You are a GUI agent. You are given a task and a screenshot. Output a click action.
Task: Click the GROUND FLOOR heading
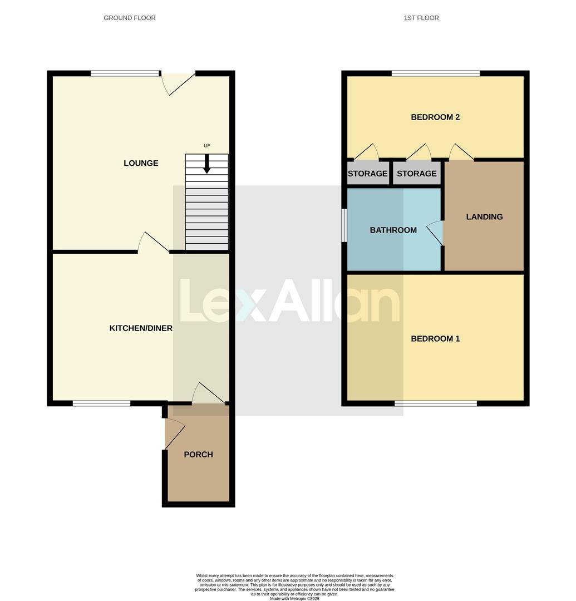(130, 18)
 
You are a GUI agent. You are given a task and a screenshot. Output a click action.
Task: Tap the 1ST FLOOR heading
(421, 18)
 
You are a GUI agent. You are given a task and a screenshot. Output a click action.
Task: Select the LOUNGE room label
(141, 163)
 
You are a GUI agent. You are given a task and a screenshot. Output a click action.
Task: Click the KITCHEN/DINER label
(141, 328)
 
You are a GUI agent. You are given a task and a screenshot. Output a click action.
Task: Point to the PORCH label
(198, 455)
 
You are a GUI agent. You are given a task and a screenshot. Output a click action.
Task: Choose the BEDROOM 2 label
(435, 117)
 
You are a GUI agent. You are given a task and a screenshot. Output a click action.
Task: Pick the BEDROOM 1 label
(435, 338)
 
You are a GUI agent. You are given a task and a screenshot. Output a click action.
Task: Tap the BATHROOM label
(393, 230)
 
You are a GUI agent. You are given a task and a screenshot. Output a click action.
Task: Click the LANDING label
(484, 217)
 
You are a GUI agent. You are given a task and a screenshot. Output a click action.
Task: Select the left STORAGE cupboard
(367, 174)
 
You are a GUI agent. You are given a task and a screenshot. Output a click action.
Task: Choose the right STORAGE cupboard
(416, 174)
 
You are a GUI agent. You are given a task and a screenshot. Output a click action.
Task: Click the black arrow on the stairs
(206, 164)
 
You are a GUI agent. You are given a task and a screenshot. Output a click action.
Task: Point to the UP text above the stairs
(206, 146)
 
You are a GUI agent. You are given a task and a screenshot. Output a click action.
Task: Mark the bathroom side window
(344, 226)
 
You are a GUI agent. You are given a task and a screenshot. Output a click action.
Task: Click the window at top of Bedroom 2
(436, 73)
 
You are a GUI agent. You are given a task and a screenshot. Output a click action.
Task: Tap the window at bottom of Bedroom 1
(436, 403)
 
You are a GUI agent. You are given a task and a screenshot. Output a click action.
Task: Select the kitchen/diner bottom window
(101, 403)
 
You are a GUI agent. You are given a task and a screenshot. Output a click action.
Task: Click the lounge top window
(125, 73)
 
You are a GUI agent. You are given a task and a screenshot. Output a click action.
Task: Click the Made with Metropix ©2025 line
(294, 598)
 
